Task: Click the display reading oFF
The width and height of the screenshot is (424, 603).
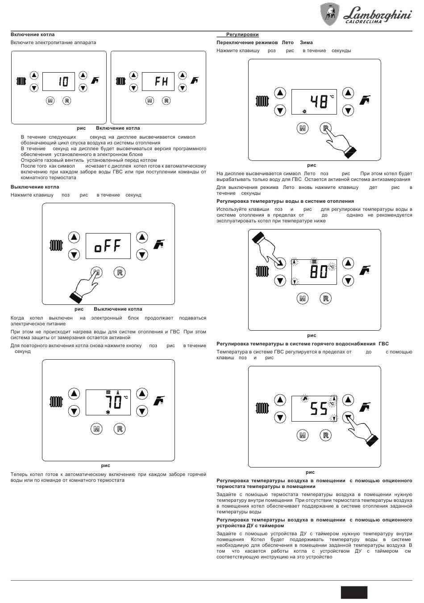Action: tap(108, 246)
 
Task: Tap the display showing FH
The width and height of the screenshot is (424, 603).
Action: tap(158, 82)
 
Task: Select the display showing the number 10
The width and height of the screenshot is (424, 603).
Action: tap(58, 82)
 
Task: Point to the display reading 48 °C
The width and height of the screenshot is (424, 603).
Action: tap(314, 102)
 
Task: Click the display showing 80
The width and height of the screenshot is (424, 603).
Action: tap(314, 271)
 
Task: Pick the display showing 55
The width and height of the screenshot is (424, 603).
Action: tap(314, 408)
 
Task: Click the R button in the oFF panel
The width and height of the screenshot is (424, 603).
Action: tap(120, 272)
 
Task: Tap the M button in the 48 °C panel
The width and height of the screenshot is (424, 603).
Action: tap(303, 128)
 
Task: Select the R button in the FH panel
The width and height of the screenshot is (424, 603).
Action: tap(166, 101)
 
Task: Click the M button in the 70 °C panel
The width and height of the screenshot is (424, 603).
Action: tap(96, 429)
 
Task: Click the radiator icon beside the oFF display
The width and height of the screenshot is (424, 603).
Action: tap(56, 246)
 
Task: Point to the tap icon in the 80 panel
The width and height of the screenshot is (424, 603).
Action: tap(365, 270)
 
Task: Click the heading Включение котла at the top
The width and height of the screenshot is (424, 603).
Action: tap(33, 34)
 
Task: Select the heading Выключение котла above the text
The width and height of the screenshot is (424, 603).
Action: tap(35, 187)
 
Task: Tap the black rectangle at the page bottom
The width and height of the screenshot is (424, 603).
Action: tap(354, 592)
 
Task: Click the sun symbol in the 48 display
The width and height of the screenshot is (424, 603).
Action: tap(304, 111)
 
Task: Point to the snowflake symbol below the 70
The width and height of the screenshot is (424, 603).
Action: tap(108, 412)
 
